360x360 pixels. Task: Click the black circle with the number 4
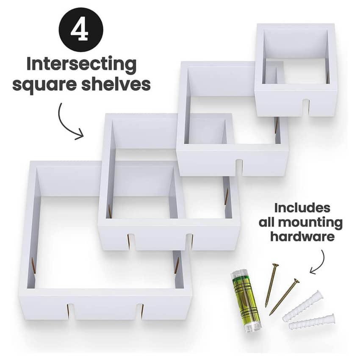click(x=81, y=29)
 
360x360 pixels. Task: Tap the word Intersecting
click(x=81, y=64)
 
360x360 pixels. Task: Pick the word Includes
click(x=302, y=208)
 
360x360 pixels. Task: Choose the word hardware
click(x=302, y=237)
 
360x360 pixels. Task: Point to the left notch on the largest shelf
click(x=70, y=312)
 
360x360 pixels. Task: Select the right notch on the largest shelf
click(x=140, y=311)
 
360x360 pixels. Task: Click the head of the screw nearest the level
click(x=275, y=266)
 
